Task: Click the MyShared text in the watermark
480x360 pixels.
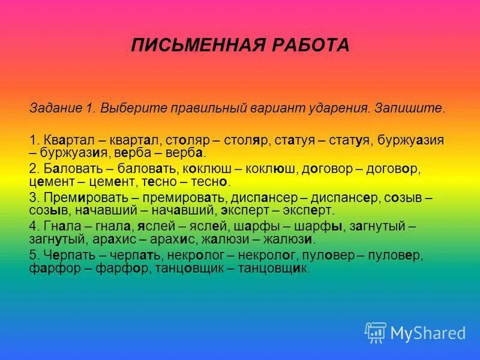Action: click(428, 333)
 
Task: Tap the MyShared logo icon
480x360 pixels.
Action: click(375, 332)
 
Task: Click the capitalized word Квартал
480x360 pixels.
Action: click(64, 140)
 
